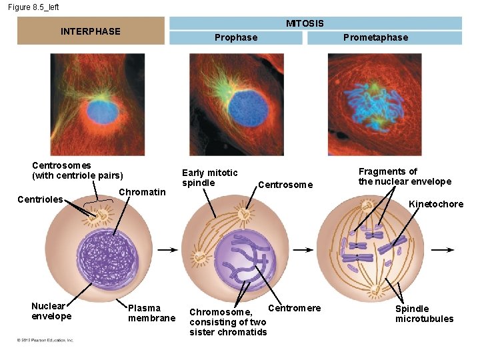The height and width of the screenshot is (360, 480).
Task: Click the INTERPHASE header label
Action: click(91, 31)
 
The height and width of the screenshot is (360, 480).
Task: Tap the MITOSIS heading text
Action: click(305, 23)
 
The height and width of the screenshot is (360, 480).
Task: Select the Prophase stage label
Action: click(236, 37)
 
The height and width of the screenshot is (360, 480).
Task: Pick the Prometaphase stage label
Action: click(375, 37)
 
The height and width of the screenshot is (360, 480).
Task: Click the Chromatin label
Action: click(142, 192)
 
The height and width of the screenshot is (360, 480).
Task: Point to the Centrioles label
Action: click(40, 199)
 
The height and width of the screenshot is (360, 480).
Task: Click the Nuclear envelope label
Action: click(51, 311)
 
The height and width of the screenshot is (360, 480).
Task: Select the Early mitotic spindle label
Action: click(209, 178)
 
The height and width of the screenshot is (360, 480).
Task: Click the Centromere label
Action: click(294, 307)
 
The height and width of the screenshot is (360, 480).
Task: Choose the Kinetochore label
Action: click(436, 204)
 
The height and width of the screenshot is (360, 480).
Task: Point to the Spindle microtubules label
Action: click(424, 314)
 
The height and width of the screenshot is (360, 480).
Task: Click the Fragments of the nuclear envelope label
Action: click(405, 177)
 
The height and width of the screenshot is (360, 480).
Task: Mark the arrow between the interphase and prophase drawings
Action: click(170, 250)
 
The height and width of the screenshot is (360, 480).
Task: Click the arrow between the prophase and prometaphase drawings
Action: click(303, 250)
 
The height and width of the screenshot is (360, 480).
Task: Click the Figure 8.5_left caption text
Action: click(34, 7)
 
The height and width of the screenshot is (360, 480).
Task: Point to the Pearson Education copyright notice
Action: click(45, 340)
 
